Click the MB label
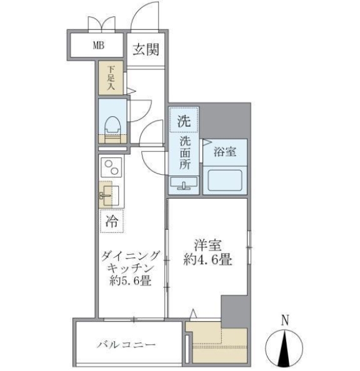pos(99,45)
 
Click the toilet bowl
pos(113,125)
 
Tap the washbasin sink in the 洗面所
pos(184,184)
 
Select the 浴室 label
pos(224,151)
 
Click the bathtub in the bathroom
pos(225,181)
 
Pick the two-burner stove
pos(112,168)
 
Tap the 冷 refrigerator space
pos(112,220)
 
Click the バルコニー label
pos(126,345)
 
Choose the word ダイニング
pos(131,254)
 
